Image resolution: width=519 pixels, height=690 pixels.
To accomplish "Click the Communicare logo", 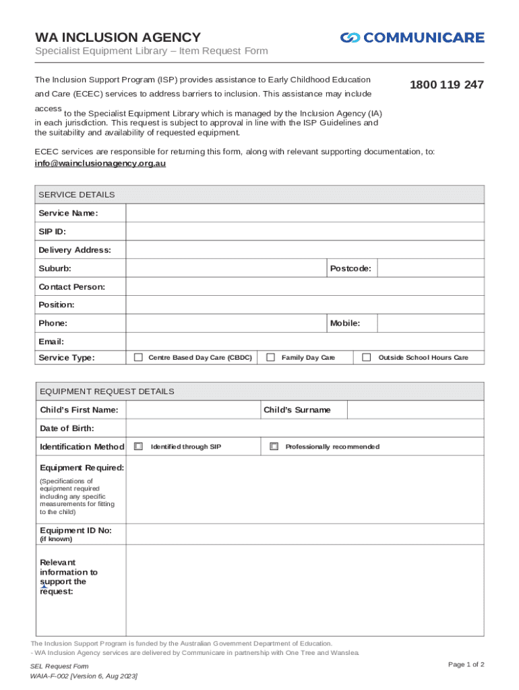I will (412, 38).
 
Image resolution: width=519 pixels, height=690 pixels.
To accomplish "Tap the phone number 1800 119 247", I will (447, 85).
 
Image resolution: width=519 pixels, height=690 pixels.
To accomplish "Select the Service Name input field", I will (305, 213).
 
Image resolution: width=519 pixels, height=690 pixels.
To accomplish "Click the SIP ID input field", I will (305, 231).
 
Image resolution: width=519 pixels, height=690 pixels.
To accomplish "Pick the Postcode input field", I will (430, 268).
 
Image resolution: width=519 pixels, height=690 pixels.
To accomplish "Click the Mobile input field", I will (430, 323).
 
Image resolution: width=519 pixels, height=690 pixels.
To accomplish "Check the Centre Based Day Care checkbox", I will (138, 357).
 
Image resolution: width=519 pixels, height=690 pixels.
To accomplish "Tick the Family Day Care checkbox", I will (270, 357).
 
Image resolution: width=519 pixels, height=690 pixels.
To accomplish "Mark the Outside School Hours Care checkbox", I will (367, 357).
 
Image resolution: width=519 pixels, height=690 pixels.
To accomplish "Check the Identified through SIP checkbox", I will (138, 446).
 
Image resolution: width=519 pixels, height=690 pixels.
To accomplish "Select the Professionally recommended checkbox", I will (274, 446).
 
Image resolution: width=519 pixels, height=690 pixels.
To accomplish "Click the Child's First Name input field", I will (193, 410).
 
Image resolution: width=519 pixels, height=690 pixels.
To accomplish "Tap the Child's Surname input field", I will (415, 410).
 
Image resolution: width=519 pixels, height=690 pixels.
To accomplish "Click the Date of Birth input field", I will (305, 428).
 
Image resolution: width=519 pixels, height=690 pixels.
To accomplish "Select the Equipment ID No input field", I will (305, 534).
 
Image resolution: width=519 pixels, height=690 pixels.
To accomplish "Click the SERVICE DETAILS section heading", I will (77, 195).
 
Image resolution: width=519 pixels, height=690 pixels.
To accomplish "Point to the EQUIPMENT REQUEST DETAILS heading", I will (106, 391).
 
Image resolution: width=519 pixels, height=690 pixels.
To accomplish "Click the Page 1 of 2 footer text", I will (466, 664).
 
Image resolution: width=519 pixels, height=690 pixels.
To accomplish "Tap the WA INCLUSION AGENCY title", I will (118, 38).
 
